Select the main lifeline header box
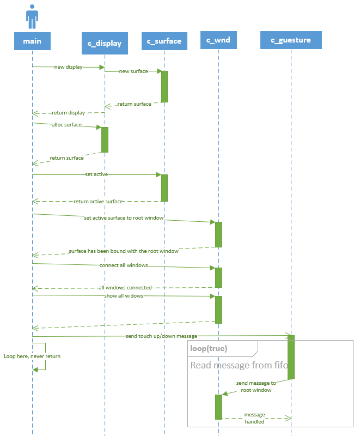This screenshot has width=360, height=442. tap(32, 41)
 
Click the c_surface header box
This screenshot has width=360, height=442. tap(164, 41)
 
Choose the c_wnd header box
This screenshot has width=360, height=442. tap(218, 40)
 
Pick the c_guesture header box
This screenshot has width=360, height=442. tap(291, 40)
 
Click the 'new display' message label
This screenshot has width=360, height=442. tap(69, 67)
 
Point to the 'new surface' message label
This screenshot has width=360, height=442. tap(133, 71)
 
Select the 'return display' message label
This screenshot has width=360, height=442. tap(68, 113)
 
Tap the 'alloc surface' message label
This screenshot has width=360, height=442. tap(67, 125)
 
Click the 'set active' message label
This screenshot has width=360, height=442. tap(96, 174)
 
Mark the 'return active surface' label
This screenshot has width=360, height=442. tap(98, 202)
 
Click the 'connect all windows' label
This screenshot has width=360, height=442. tap(124, 265)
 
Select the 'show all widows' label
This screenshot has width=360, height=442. tap(124, 296)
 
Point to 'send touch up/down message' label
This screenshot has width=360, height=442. tap(161, 336)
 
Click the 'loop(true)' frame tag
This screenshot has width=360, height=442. tap(209, 348)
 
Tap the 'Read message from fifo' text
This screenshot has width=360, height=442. tap(239, 365)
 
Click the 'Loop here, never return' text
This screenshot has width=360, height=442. tap(32, 356)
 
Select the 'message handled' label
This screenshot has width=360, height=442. tap(254, 418)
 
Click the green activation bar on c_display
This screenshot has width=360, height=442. tap(105, 140)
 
